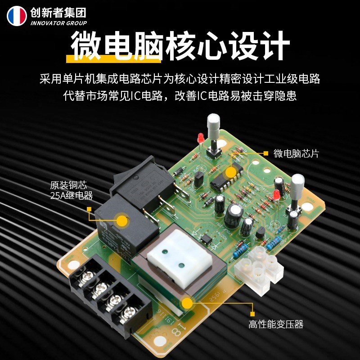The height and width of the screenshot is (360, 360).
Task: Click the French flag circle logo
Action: [x=17, y=16]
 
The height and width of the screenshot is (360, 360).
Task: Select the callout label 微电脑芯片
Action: [x=296, y=153]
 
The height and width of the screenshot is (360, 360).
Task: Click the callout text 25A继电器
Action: [x=72, y=195]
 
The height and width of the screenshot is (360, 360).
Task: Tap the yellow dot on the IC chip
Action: [x=231, y=172]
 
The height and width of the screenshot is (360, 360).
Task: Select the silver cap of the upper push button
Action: [x=213, y=122]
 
